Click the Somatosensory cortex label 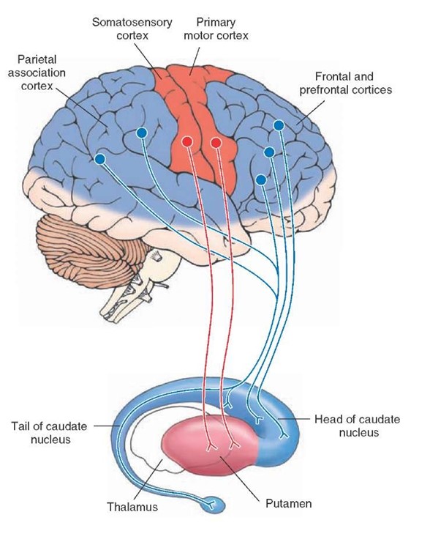(121, 29)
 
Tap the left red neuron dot (188, 141)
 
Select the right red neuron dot (216, 141)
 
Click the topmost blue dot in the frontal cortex (278, 125)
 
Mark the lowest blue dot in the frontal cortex (261, 179)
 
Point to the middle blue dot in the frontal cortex (269, 152)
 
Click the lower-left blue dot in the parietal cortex (99, 159)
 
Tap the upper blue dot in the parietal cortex (142, 133)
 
